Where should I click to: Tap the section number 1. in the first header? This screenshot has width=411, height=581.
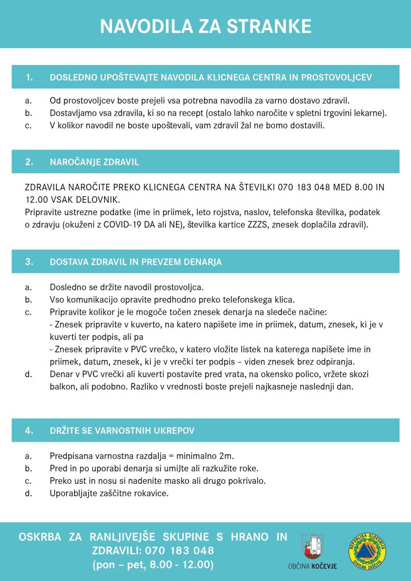(x=29, y=78)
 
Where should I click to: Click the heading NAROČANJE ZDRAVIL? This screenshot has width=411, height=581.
(x=95, y=162)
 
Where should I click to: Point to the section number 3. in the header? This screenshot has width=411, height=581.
(x=29, y=262)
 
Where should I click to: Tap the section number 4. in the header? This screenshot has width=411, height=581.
(x=29, y=430)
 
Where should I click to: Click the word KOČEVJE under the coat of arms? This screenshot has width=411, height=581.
(x=323, y=566)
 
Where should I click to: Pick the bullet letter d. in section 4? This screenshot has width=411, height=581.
(x=28, y=494)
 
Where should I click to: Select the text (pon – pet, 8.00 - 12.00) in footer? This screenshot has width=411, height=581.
(x=153, y=565)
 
